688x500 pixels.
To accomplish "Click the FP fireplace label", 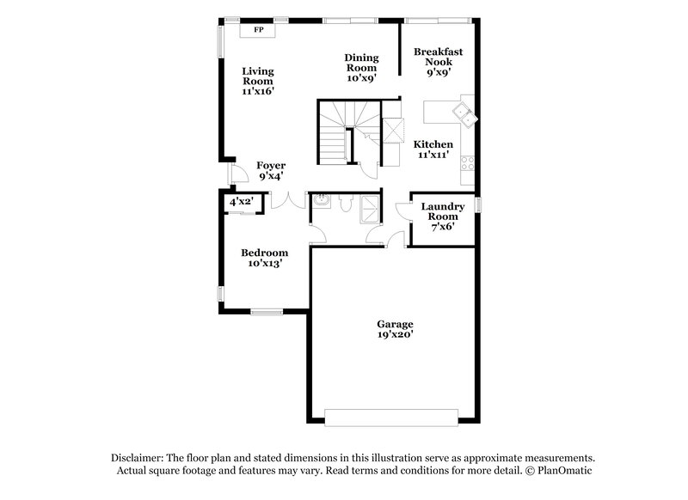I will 257,29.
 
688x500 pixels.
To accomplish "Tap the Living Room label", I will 257,81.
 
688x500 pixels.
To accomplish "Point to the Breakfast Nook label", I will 438,63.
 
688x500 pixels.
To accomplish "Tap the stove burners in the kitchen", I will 468,162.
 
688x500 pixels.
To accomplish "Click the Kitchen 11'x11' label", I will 434,149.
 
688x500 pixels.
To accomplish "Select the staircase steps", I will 335,133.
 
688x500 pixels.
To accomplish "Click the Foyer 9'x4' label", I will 271,170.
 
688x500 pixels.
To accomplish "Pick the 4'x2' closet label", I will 240,201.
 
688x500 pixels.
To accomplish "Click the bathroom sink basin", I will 322,201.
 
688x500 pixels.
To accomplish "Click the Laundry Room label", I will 443,216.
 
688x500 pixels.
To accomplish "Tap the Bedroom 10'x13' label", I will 264,258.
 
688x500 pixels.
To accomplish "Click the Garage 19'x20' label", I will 395,330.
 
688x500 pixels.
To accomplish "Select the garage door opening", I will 391,417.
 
